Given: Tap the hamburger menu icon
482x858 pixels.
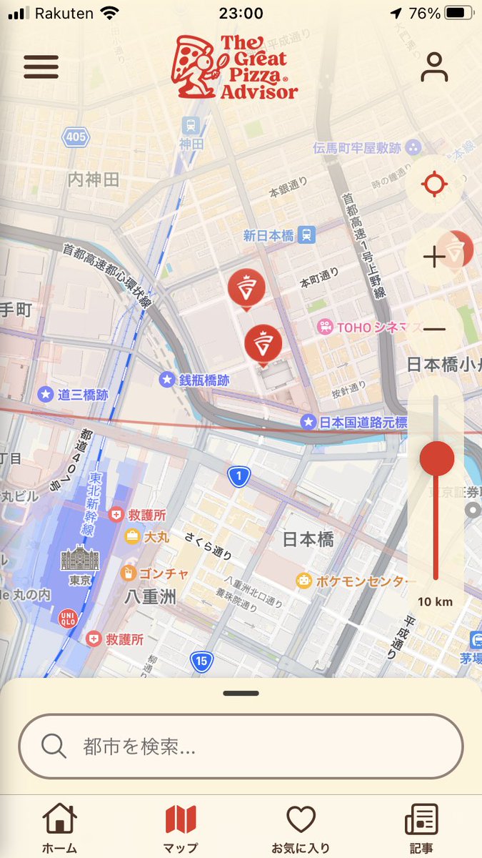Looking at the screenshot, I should coord(41,66).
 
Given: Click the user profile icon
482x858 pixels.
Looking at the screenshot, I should coord(433,67).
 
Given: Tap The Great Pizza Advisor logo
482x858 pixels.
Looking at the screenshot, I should coord(234,67).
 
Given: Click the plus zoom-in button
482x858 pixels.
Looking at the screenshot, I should coord(434,257).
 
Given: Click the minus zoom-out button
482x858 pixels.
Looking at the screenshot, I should coord(434,329).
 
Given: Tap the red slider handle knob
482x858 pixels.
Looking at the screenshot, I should coord(436,458).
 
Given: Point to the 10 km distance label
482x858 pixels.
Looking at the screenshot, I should coord(435,601).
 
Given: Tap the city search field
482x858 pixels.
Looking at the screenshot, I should coord(241,746).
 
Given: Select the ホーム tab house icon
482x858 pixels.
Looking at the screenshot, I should coord(59,819).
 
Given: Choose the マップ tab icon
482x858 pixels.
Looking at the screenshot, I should coord(181,819).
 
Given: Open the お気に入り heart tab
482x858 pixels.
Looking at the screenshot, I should coord(301,819).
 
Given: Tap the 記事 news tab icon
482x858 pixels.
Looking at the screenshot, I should coord(421,819).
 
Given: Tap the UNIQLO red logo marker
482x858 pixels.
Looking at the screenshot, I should coord(66,616).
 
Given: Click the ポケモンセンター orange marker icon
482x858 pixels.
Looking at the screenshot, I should coord(304,581).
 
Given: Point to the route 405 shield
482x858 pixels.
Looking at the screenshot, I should coord(74,137).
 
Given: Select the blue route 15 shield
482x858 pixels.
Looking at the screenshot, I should coord(202,662).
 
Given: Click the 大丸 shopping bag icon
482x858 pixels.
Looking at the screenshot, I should coord(132,536).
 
